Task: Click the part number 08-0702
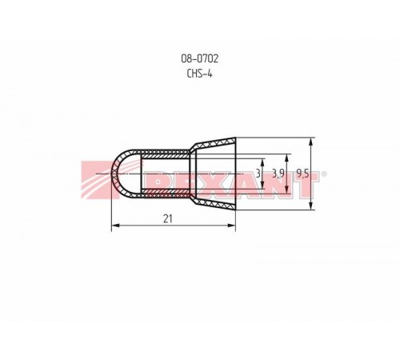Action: point(199,58)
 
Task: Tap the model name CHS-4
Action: point(199,74)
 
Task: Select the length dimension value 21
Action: point(168,219)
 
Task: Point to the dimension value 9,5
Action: point(302,174)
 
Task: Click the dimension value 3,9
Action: point(278,174)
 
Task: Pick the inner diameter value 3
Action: point(258,174)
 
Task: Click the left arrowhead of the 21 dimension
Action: point(115,226)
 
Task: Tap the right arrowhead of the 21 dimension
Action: point(231,226)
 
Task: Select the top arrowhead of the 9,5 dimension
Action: point(310,142)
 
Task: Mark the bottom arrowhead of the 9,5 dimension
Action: point(310,206)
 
